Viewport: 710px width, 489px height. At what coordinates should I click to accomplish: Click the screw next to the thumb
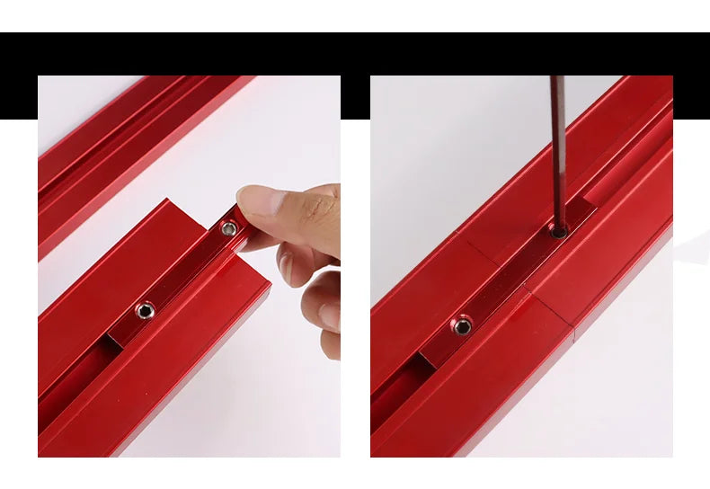click(231, 230)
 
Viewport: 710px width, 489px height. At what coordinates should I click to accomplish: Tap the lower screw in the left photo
click(145, 311)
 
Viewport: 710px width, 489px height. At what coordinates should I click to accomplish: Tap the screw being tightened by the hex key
click(559, 232)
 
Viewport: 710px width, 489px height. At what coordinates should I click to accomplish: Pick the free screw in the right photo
click(463, 324)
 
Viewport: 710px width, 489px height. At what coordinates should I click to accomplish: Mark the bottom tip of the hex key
click(559, 227)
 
